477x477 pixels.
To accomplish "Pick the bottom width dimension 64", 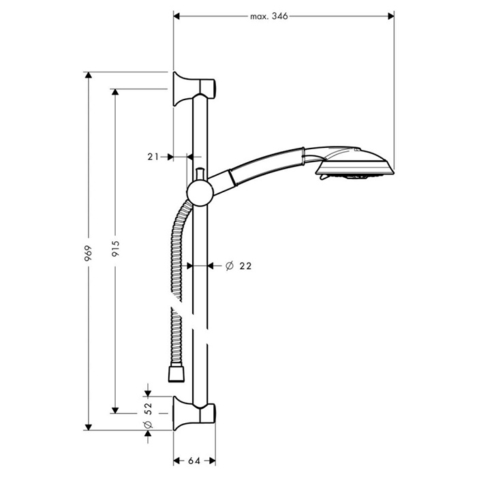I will [x=194, y=461].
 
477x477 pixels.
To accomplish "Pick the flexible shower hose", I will [x=174, y=259].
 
